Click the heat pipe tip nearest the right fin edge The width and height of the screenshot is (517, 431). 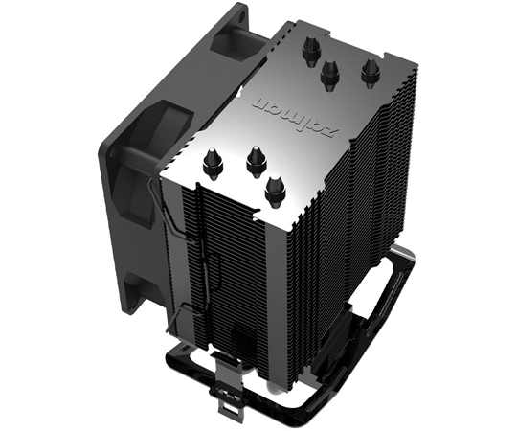click(368, 70)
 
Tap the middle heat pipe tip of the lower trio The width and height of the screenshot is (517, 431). click(255, 159)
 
